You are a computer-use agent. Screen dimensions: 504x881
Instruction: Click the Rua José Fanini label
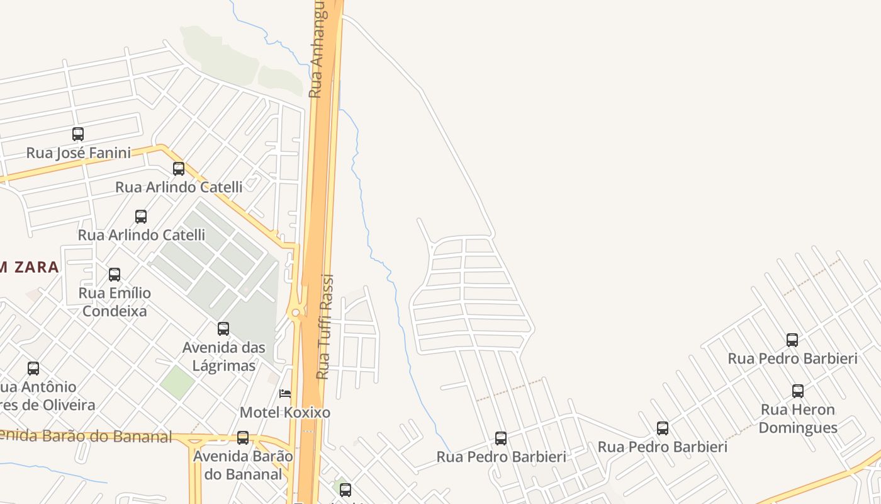[x=79, y=153]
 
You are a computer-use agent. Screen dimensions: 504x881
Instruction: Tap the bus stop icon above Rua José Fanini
[x=78, y=134]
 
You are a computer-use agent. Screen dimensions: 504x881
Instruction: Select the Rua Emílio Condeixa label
[x=115, y=302]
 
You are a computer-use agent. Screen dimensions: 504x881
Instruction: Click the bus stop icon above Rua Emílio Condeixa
[x=115, y=275]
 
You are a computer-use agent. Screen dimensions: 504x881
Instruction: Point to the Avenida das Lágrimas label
[x=223, y=357]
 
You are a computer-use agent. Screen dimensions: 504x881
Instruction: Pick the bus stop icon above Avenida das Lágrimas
[x=223, y=329]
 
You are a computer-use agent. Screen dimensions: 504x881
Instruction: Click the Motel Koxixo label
[x=285, y=413]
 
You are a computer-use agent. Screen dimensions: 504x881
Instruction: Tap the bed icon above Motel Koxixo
[x=285, y=394]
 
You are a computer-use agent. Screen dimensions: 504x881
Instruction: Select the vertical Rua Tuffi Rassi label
[x=323, y=328]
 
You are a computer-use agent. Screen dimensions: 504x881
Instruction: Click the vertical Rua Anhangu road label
[x=316, y=50]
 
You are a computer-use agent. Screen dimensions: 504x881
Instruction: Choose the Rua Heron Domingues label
[x=798, y=418]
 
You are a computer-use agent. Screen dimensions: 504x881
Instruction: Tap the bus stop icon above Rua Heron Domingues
[x=798, y=391]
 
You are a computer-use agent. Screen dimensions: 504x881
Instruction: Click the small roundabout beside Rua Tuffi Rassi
[x=295, y=312]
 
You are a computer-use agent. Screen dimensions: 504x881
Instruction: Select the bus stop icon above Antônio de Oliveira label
[x=33, y=369]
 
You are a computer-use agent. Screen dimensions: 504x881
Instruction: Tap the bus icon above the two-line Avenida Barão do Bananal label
[x=243, y=438]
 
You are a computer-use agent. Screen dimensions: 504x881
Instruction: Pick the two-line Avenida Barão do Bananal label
[x=243, y=465]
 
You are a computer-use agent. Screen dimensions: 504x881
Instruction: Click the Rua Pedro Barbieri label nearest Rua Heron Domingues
[x=792, y=359]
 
